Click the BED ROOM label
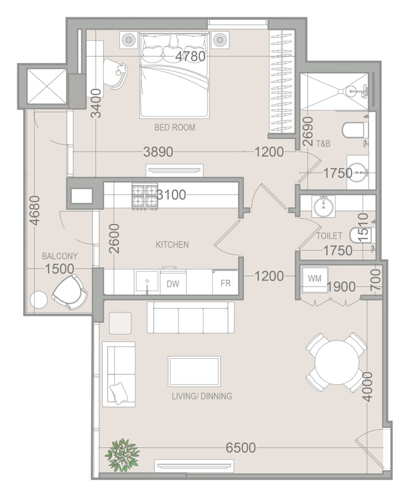pos(175,128)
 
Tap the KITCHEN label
pos(172,244)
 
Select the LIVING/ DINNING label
pos(202,396)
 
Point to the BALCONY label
pos(60,256)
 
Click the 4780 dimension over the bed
pos(190,56)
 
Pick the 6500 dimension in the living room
pos(241,448)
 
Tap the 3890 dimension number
pos(158,152)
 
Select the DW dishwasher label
pos(173,284)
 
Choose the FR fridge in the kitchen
pos(226,282)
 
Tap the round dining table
pos(337,362)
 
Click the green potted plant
pos(122,455)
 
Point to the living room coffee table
pos(194,372)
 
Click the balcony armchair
pos(70,292)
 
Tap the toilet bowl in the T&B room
pos(356,130)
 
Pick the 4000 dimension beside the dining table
pos(367,387)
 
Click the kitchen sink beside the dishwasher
pos(147,282)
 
